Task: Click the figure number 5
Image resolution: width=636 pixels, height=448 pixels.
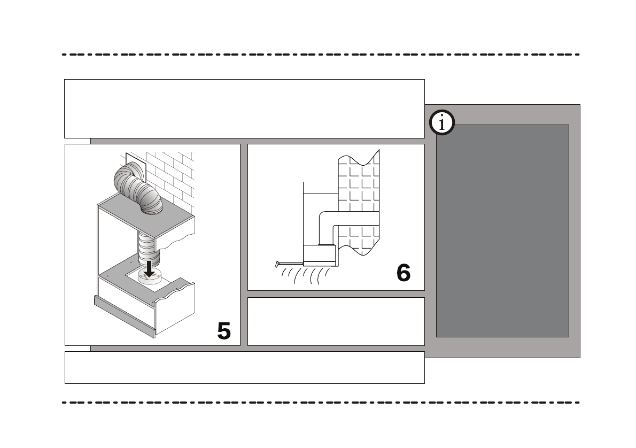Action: point(224,331)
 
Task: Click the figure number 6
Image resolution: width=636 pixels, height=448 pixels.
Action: point(404,273)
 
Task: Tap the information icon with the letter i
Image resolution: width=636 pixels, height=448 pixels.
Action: point(442,123)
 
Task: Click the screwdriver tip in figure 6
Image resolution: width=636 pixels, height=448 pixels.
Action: point(277,263)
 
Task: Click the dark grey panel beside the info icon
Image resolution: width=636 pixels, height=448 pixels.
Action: point(502,230)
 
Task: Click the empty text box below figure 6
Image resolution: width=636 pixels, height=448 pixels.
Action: point(336,321)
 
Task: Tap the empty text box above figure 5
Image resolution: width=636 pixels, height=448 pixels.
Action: point(244,109)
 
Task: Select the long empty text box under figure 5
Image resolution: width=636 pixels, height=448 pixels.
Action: point(244,367)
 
